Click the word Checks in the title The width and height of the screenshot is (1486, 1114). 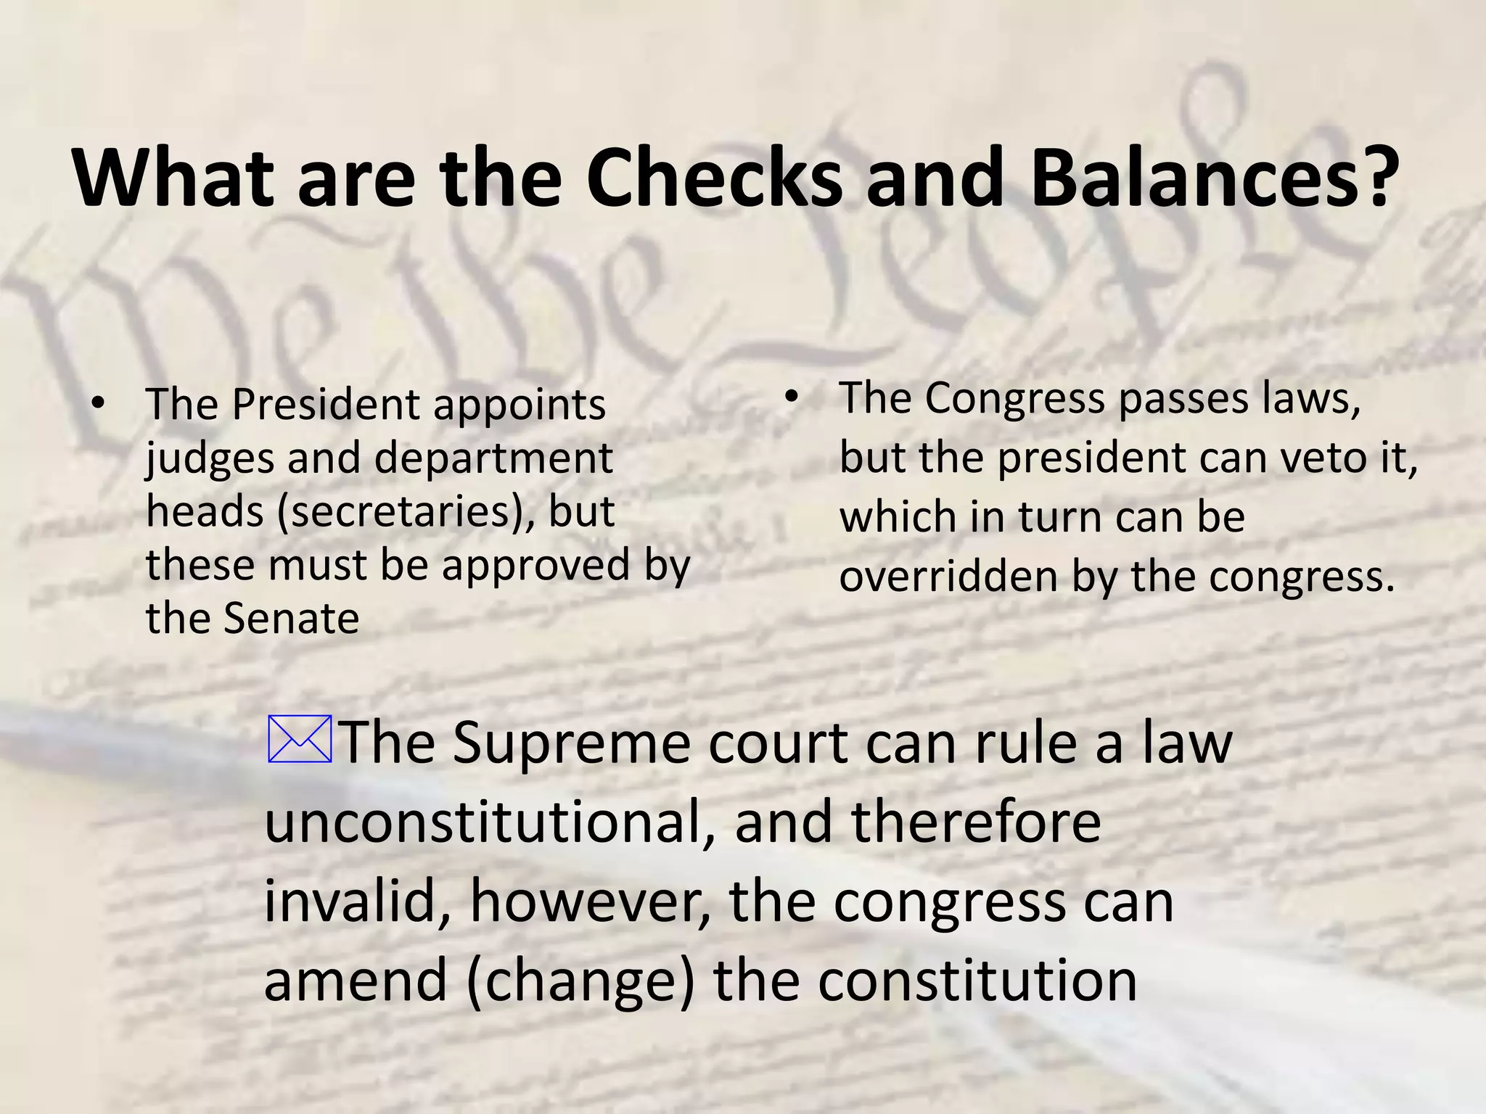[x=714, y=178]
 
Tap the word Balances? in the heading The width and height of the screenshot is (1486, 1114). [x=1212, y=178]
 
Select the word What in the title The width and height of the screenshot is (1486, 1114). [x=173, y=178]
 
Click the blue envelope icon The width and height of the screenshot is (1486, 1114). [x=300, y=739]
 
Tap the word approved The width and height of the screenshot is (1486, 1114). [x=536, y=566]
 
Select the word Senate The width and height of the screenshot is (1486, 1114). [x=291, y=619]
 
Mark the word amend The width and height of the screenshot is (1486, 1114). [x=356, y=981]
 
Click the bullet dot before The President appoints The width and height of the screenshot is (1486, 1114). [x=99, y=403]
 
